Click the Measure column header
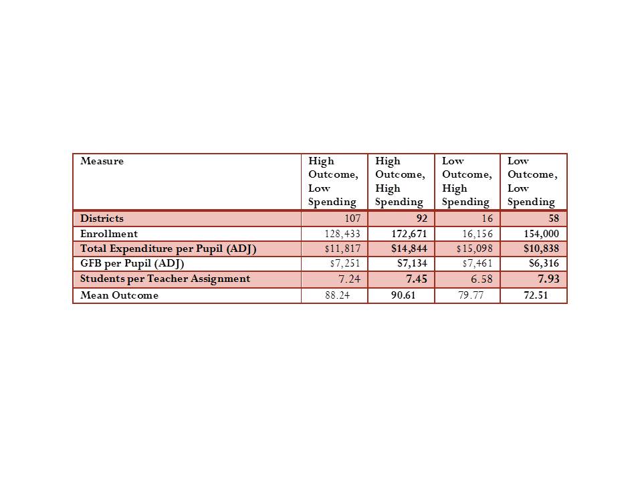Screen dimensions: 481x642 (x=102, y=161)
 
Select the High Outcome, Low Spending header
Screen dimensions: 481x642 (x=333, y=181)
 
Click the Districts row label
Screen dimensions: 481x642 (x=102, y=218)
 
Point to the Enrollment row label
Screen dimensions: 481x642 (x=109, y=234)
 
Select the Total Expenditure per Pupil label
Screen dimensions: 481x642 (x=168, y=249)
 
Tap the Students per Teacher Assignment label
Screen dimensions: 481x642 (x=165, y=279)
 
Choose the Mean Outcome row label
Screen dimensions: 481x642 (x=120, y=295)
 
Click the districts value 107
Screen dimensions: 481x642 (x=352, y=219)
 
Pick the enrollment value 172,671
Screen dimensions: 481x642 (x=409, y=234)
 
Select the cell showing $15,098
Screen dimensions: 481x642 (x=475, y=249)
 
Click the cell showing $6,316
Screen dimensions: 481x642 (x=542, y=264)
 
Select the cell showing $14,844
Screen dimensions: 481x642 (x=409, y=249)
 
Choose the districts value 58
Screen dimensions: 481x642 (x=554, y=219)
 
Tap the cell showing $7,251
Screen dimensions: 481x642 (x=346, y=264)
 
